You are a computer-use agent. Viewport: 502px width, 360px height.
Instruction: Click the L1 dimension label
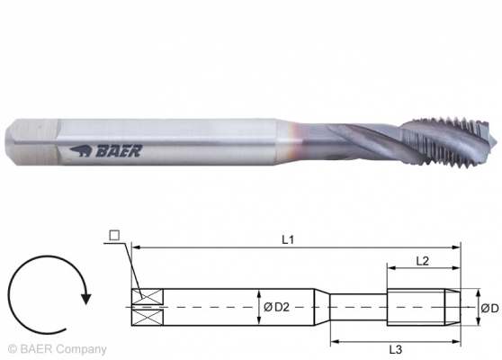[x=288, y=239]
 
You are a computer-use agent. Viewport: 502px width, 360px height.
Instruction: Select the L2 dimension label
[x=422, y=261]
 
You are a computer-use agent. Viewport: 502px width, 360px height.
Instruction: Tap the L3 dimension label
[x=395, y=349]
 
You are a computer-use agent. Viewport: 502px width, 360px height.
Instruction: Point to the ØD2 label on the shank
[x=276, y=308]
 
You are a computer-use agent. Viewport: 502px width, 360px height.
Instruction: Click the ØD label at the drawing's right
[x=489, y=308]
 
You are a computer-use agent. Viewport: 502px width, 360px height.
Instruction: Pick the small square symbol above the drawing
[x=114, y=236]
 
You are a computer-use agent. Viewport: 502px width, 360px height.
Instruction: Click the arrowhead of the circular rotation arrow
[x=85, y=298]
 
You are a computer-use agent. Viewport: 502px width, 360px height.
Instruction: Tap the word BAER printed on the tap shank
[x=119, y=151]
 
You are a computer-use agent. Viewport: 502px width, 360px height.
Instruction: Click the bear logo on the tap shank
[x=81, y=151]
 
